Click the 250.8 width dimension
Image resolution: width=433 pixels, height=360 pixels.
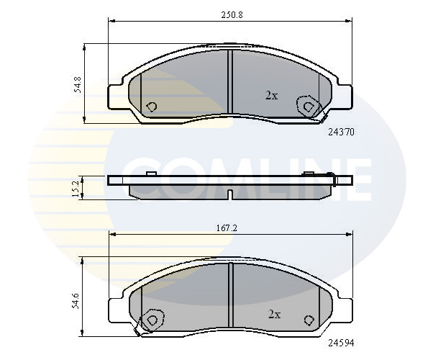(x=232, y=14)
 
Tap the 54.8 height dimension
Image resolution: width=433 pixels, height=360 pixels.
(x=78, y=84)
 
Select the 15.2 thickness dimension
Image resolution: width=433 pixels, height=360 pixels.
(x=76, y=189)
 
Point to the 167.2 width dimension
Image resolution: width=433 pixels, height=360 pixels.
(x=227, y=228)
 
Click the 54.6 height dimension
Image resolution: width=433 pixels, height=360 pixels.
(x=76, y=300)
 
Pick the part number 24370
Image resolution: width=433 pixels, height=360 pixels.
(x=341, y=132)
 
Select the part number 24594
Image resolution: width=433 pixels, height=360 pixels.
(x=341, y=343)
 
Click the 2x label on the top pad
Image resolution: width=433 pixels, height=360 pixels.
(x=271, y=96)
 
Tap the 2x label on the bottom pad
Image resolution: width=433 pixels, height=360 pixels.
(x=275, y=315)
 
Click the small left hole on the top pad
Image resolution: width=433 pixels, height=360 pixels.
(x=151, y=107)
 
